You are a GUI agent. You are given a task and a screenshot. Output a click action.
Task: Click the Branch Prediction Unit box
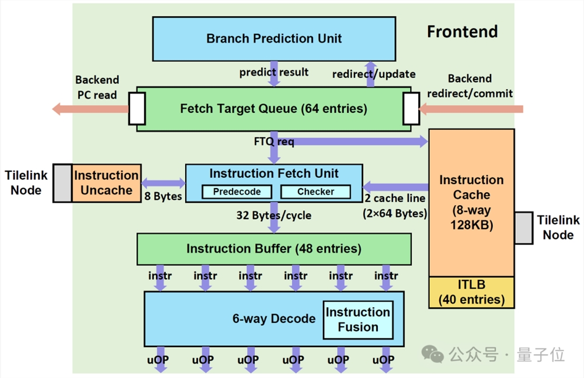pyautogui.click(x=274, y=39)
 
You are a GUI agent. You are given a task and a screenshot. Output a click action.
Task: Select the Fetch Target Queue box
pyautogui.click(x=274, y=109)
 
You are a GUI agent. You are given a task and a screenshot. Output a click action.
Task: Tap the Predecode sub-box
pyautogui.click(x=237, y=192)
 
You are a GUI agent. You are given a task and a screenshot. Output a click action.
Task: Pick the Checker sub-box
pyautogui.click(x=315, y=192)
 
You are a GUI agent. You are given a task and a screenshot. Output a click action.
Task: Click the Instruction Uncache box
pyautogui.click(x=106, y=183)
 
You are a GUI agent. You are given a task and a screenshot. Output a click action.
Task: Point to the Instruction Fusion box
pyautogui.click(x=358, y=320)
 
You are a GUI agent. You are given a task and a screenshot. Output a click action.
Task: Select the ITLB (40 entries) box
pyautogui.click(x=471, y=292)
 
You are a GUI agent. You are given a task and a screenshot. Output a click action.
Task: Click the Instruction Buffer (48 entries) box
pyautogui.click(x=274, y=249)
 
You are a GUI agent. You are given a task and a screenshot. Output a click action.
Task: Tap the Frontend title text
pyautogui.click(x=462, y=32)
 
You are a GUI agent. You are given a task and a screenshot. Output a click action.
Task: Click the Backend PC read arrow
pyautogui.click(x=91, y=109)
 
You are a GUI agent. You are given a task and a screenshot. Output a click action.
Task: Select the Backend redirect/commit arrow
pyautogui.click(x=471, y=109)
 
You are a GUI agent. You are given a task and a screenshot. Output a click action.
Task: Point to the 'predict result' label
pyautogui.click(x=274, y=72)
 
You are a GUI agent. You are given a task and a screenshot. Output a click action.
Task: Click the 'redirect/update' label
pyautogui.click(x=374, y=74)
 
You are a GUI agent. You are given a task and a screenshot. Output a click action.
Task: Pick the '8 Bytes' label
pyautogui.click(x=163, y=196)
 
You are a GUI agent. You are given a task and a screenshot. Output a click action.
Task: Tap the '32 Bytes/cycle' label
pyautogui.click(x=274, y=216)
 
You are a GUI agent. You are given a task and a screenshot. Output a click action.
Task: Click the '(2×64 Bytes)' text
pyautogui.click(x=395, y=214)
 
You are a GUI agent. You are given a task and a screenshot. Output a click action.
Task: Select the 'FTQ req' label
pyautogui.click(x=274, y=141)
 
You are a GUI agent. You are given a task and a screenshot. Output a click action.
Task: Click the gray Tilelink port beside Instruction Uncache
pyautogui.click(x=62, y=183)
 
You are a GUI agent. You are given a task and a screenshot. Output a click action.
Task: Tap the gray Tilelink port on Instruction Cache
pyautogui.click(x=524, y=228)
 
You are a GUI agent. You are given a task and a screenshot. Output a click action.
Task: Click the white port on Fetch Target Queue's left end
pyautogui.click(x=137, y=109)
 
